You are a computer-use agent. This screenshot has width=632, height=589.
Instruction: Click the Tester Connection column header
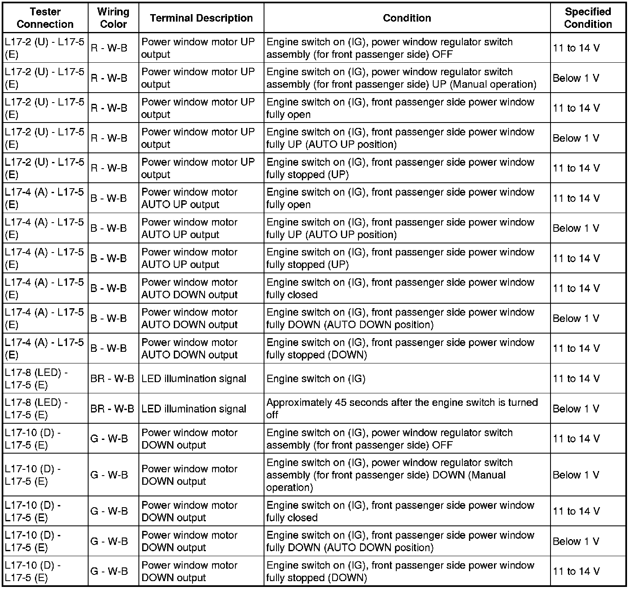tap(45, 18)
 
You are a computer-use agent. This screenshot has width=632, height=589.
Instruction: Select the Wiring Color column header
tap(113, 18)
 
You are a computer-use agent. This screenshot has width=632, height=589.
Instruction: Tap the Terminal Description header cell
tap(201, 18)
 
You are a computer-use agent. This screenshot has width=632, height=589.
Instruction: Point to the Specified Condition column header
tap(588, 18)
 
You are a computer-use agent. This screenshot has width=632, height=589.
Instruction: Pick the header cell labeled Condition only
tap(407, 18)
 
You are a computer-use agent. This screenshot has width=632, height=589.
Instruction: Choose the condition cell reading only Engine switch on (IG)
tap(316, 379)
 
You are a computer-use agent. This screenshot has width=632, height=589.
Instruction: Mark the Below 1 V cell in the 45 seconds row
tap(576, 409)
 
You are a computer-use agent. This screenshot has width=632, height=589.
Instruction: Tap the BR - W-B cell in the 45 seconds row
tap(112, 409)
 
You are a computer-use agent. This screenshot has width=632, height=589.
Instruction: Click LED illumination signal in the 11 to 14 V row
tap(194, 379)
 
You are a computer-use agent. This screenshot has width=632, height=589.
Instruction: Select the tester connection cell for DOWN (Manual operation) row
tap(33, 475)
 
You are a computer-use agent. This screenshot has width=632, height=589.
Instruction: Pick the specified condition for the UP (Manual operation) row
tap(576, 78)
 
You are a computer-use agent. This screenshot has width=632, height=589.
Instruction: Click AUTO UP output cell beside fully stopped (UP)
tap(189, 258)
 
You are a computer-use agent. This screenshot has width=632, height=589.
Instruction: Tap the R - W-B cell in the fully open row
tap(109, 108)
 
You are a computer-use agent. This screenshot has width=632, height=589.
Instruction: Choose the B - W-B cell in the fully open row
tap(109, 198)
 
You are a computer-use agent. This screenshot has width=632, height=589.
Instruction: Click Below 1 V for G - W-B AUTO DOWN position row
tap(576, 541)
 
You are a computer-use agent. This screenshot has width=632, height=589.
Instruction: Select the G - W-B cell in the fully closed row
tap(109, 511)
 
